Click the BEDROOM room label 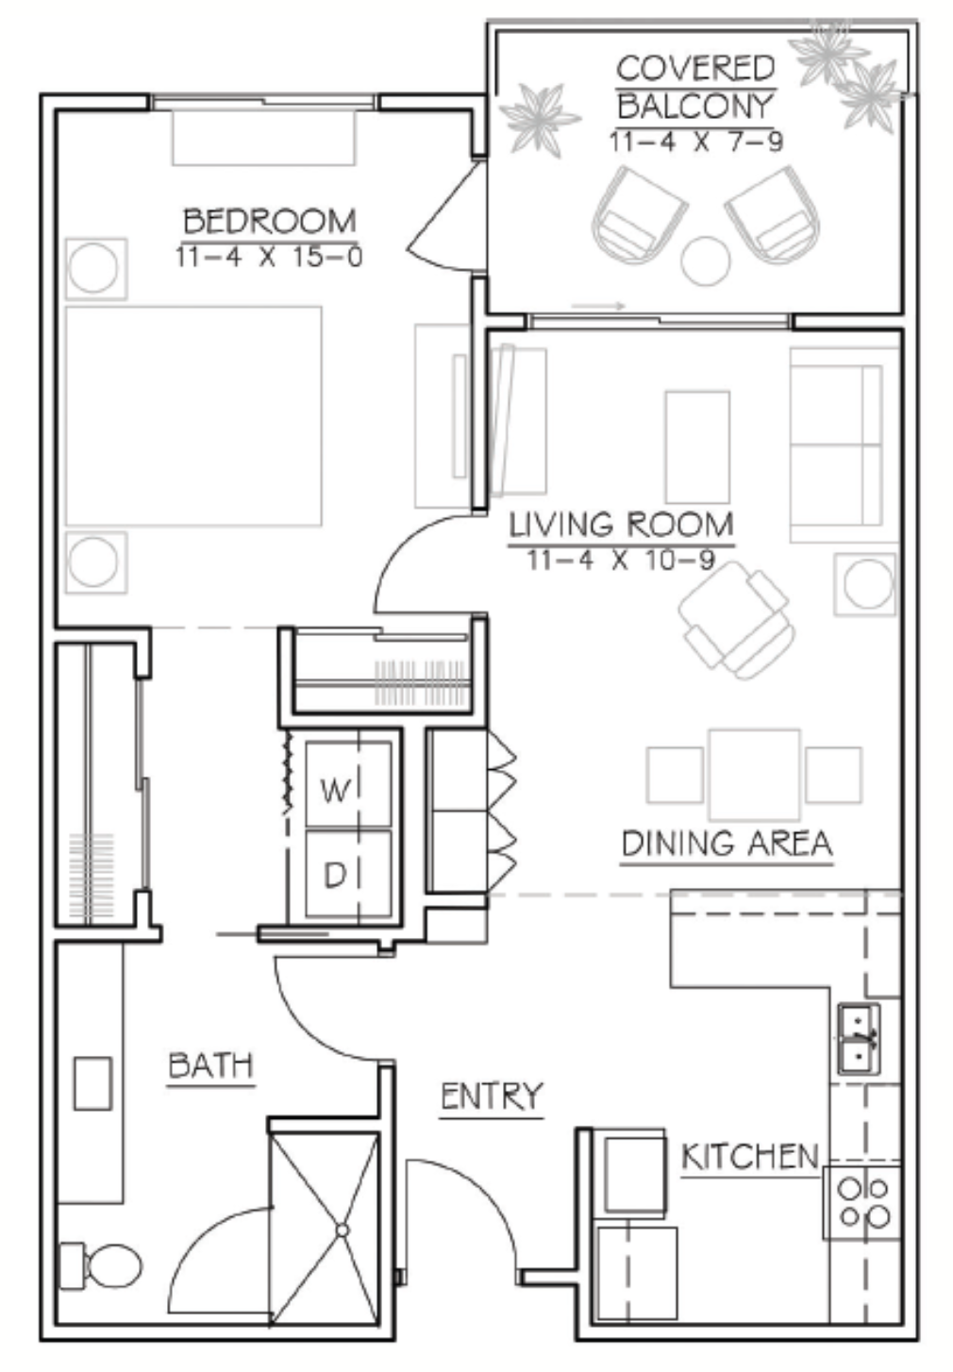270,221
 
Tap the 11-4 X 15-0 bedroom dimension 270,257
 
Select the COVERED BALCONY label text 695,88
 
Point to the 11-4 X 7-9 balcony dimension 696,142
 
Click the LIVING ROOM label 622,525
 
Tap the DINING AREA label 727,844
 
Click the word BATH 210,1065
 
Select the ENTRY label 492,1096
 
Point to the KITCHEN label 750,1157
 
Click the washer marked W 348,783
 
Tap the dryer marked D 348,874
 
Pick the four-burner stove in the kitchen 861,1203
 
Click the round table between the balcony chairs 706,261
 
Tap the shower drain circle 343,1230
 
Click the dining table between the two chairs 755,775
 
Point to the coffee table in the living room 697,447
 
